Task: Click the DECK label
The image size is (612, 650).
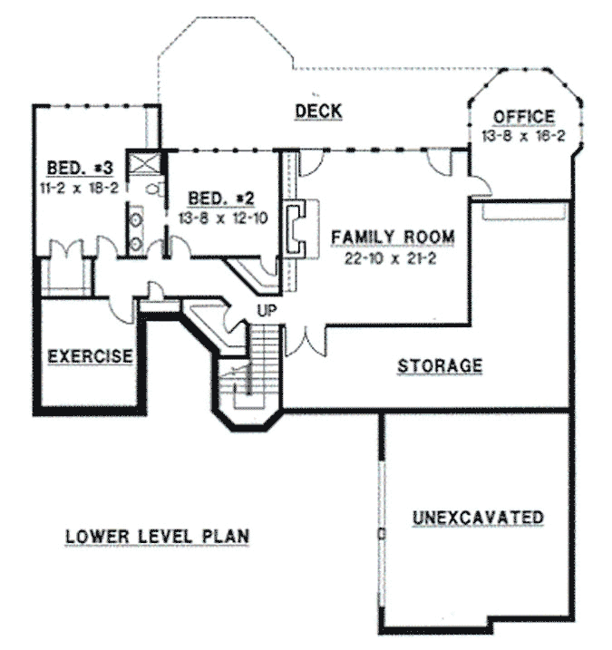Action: tap(318, 112)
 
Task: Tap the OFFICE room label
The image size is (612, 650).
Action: tap(523, 117)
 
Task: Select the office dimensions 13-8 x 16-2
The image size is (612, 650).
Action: tap(523, 134)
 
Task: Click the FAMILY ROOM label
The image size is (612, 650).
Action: tap(392, 238)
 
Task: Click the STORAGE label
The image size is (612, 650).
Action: tap(440, 366)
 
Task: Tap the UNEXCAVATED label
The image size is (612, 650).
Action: tap(478, 518)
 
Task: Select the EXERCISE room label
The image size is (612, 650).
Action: tap(91, 355)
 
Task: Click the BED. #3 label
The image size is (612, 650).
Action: tap(79, 169)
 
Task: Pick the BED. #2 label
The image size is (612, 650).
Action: tap(219, 198)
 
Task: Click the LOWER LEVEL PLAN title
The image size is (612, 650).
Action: tap(157, 536)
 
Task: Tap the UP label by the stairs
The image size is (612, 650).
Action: tap(267, 311)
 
